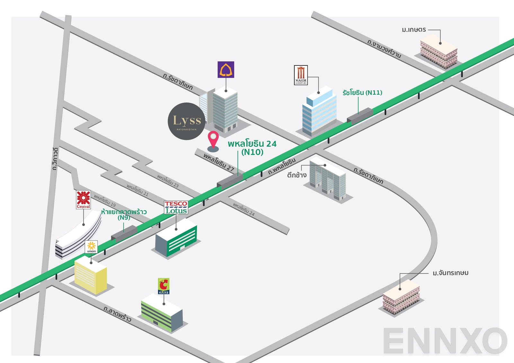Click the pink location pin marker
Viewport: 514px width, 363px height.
[213, 139]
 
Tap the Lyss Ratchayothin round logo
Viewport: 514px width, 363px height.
[187, 121]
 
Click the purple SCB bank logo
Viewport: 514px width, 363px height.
[226, 70]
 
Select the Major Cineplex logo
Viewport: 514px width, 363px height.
[301, 75]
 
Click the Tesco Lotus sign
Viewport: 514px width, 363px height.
[176, 207]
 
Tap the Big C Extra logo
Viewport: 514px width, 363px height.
[164, 286]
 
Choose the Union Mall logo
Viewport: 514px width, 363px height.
[92, 247]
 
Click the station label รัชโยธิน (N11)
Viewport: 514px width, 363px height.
[362, 93]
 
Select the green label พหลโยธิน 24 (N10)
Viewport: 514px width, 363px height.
[252, 148]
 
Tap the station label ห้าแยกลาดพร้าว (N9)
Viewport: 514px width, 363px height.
[124, 214]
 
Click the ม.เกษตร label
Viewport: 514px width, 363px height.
[414, 30]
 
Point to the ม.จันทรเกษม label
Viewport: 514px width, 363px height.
[450, 273]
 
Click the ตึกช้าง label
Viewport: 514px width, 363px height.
[297, 175]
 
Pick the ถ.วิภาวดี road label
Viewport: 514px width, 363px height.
[55, 159]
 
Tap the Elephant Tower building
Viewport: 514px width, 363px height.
[328, 180]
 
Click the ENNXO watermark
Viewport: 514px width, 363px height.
[445, 341]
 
